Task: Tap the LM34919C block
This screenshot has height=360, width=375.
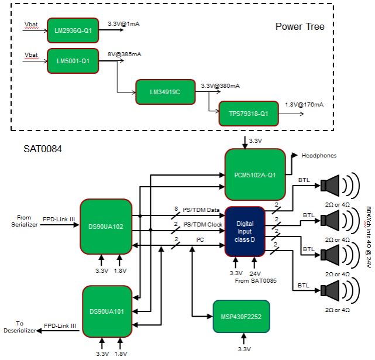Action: coord(164,92)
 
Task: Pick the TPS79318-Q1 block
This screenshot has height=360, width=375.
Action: coord(248,114)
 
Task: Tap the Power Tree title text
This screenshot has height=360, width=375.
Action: coord(300,26)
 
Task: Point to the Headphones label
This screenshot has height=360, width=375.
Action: coord(319,155)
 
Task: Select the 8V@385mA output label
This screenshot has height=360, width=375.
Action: coord(124,54)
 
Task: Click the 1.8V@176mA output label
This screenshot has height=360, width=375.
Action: coord(304,104)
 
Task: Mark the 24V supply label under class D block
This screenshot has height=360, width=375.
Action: coord(255,273)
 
